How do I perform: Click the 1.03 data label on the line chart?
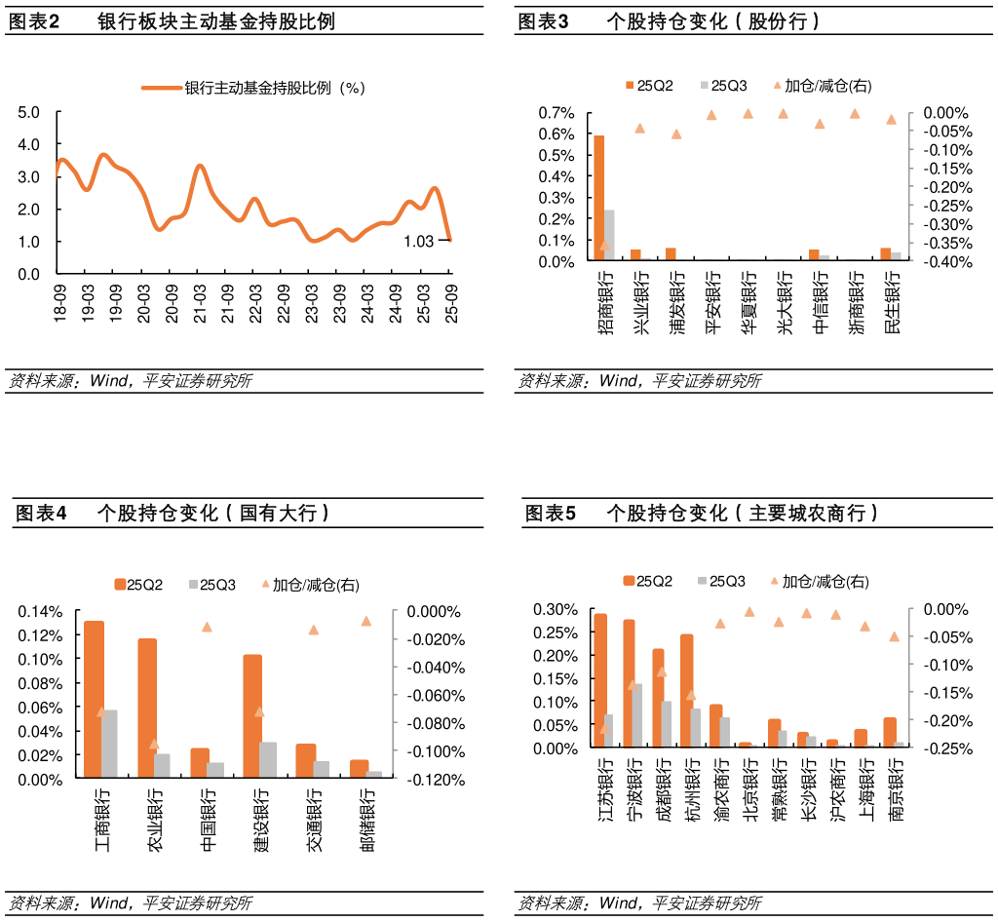(418, 242)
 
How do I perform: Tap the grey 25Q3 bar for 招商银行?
(609, 235)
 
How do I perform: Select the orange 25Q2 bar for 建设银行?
(252, 715)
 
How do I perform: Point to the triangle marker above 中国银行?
(207, 627)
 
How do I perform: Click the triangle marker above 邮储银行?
(366, 621)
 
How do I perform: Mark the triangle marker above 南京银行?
(894, 636)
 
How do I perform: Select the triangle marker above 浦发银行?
(676, 134)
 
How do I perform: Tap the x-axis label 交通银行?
(314, 820)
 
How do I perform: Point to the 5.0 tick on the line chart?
(29, 112)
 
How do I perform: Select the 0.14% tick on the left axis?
(40, 612)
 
